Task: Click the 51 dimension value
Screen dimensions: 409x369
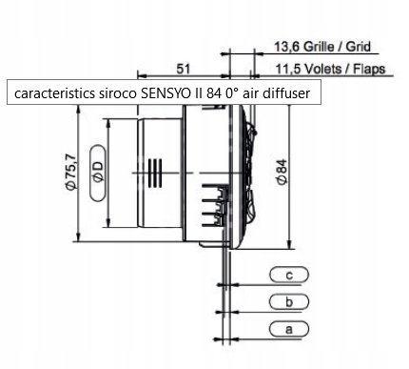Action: click(x=183, y=69)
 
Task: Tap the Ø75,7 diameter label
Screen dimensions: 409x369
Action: click(x=70, y=172)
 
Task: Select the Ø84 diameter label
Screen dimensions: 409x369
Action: click(x=282, y=172)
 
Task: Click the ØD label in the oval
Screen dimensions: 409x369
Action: click(x=98, y=172)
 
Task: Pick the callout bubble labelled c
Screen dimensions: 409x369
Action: click(x=288, y=275)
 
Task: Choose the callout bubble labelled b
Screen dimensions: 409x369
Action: click(x=288, y=301)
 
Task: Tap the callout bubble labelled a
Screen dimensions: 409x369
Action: click(x=288, y=329)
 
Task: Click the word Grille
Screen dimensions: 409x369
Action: click(x=319, y=47)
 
